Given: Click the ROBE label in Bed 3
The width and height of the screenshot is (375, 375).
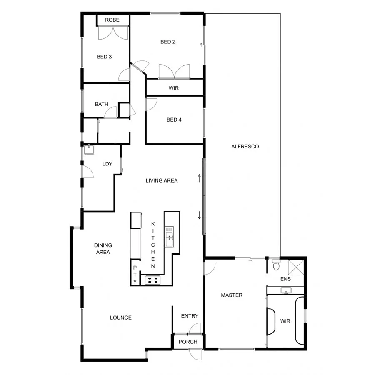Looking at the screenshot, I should [x=112, y=20].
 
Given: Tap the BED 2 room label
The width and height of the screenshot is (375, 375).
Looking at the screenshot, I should [x=168, y=42].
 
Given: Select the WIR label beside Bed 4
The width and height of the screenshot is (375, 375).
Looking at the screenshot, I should [x=174, y=88].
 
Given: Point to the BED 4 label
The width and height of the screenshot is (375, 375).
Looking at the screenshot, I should [x=174, y=120].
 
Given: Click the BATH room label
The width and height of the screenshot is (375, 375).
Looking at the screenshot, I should [x=101, y=104].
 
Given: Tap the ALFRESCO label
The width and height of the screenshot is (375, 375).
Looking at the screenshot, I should [x=245, y=147].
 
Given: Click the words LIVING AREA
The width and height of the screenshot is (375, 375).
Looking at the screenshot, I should [x=162, y=181].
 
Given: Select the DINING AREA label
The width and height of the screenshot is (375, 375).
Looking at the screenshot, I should [x=102, y=249].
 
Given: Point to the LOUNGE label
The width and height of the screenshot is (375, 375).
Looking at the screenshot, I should [x=121, y=317].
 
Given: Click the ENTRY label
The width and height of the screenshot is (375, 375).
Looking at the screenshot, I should [x=190, y=316].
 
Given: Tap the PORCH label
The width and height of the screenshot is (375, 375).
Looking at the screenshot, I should [x=187, y=342].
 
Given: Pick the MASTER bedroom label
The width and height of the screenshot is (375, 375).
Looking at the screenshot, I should [x=232, y=295].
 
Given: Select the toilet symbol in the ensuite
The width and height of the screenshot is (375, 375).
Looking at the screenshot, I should [x=276, y=265].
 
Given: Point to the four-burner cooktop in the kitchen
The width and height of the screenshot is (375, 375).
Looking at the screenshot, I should [x=152, y=280].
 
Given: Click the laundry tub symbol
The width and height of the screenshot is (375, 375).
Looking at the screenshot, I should [x=88, y=149].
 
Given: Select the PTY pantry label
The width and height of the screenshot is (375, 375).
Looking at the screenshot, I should [x=135, y=275].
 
